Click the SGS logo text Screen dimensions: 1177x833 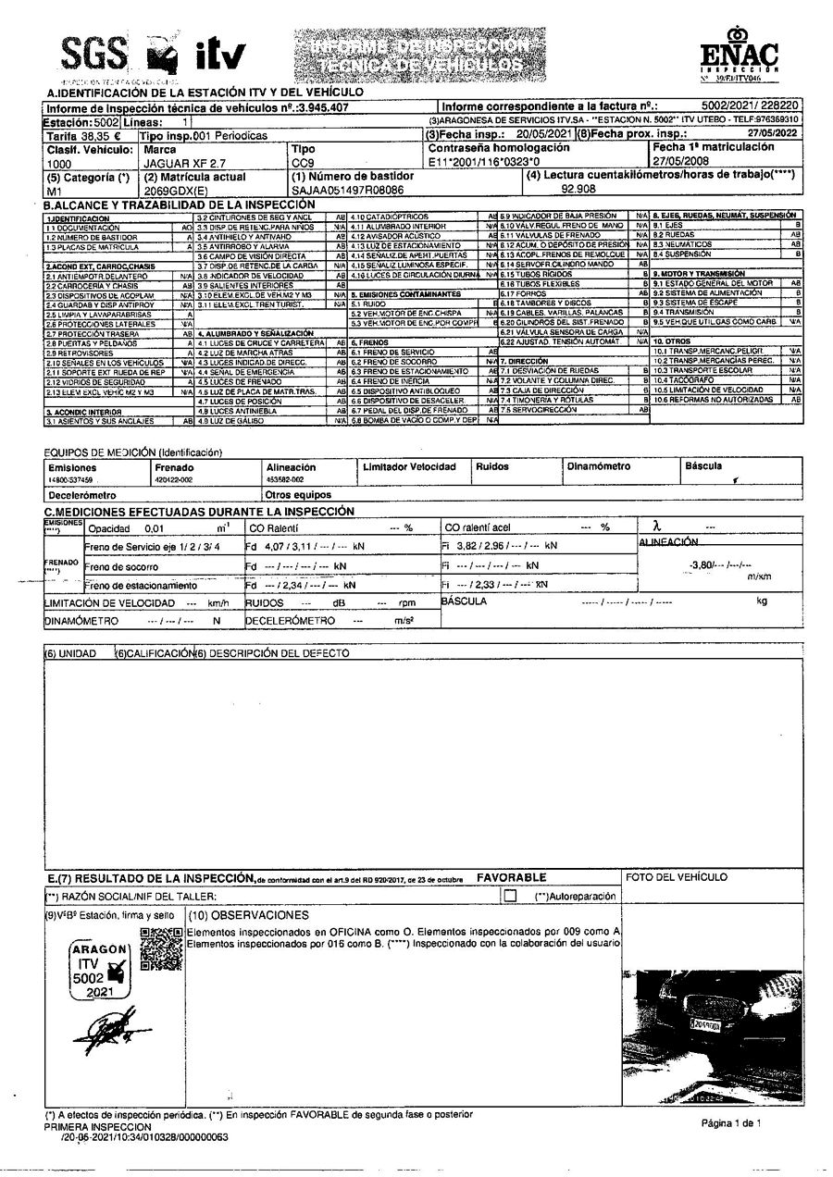click(x=93, y=56)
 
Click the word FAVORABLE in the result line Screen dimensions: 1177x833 click(x=511, y=877)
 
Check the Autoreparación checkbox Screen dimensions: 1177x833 click(x=509, y=896)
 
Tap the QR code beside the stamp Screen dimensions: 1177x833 click(x=160, y=949)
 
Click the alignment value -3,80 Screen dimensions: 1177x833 click(x=702, y=564)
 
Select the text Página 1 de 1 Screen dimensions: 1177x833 click(x=730, y=1123)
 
